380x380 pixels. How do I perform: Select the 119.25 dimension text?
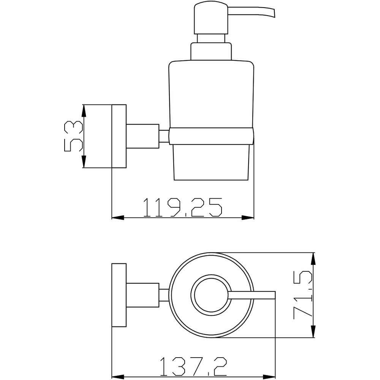pos(183,207)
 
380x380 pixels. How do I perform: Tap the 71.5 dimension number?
pos(303,295)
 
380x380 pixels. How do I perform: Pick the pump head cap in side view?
pos(211,18)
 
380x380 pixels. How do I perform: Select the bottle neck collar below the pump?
pos(211,51)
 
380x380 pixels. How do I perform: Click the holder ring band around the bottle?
pos(211,136)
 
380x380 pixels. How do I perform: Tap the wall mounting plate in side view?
pos(119,136)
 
